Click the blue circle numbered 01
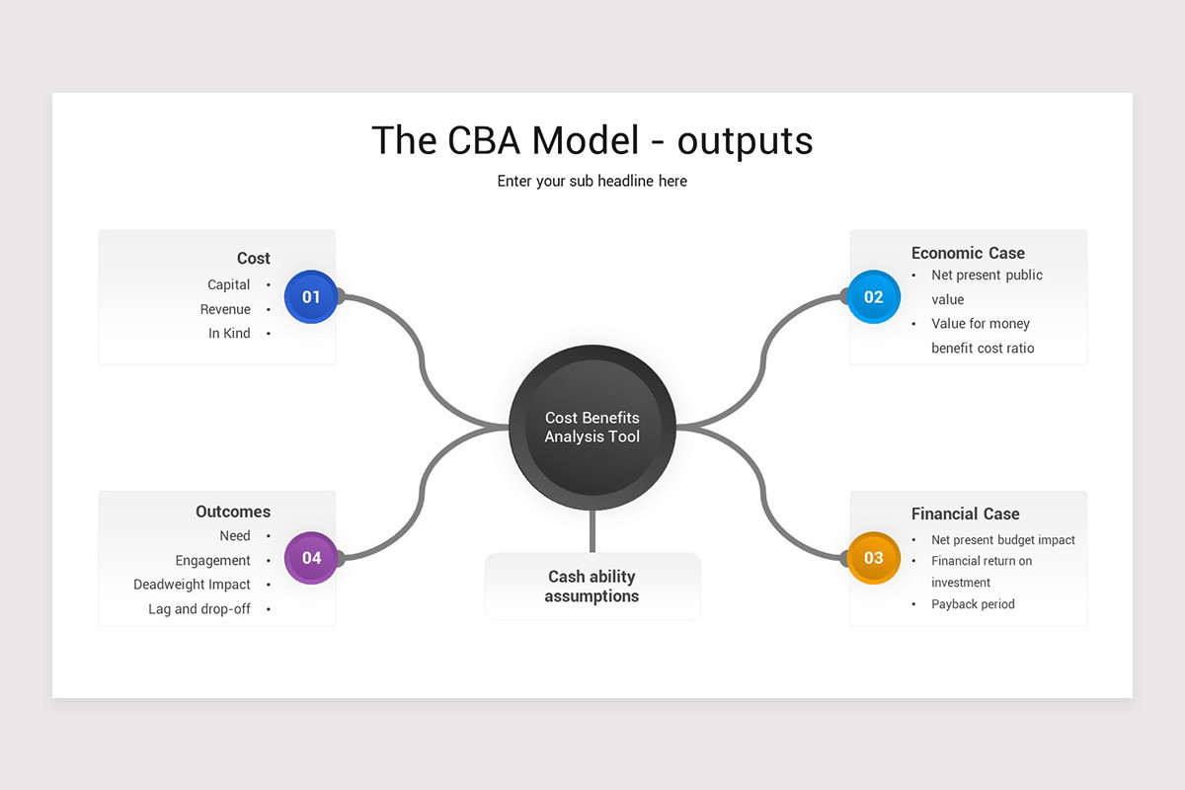[311, 296]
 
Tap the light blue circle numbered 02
[874, 296]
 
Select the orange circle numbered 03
[874, 558]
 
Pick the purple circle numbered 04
[311, 558]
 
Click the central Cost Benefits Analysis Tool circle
[592, 428]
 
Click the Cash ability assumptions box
[592, 587]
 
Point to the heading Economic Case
[968, 253]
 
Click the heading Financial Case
[965, 513]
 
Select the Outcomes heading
[233, 512]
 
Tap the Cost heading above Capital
[253, 258]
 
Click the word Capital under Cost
[229, 284]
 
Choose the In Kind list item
[229, 334]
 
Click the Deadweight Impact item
[193, 585]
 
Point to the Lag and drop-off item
[199, 609]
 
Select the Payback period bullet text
[973, 604]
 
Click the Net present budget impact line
[1002, 540]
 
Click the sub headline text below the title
[592, 181]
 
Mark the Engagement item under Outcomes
[213, 561]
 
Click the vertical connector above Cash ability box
[592, 531]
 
